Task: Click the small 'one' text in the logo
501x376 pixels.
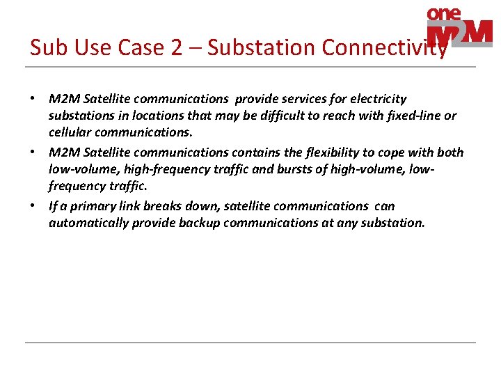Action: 444,14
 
